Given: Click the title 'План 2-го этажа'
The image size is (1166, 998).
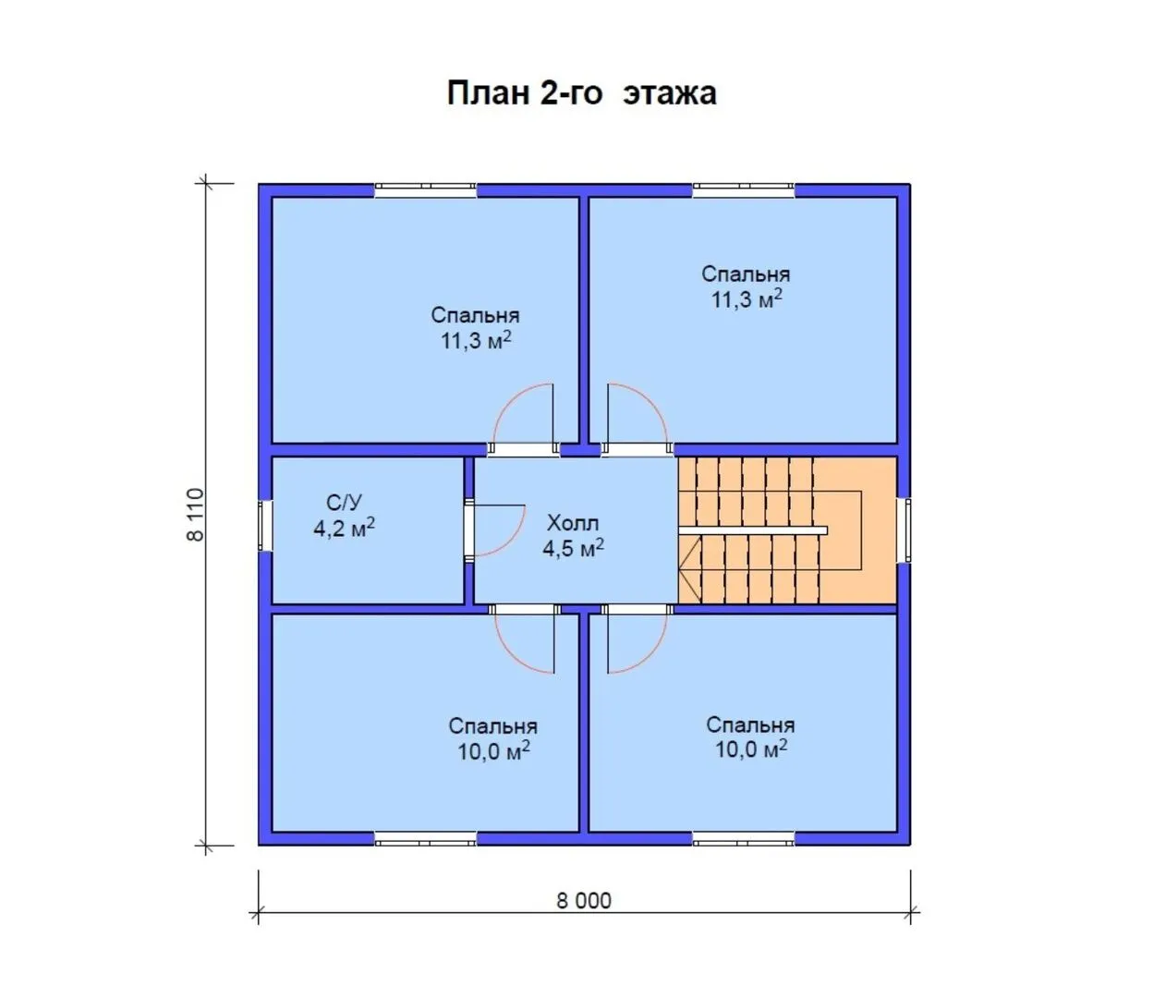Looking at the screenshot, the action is [581, 93].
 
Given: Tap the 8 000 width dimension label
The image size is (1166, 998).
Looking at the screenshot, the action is [584, 901].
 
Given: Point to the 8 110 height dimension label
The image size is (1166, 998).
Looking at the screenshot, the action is [195, 515].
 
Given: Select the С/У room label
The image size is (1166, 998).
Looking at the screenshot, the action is [344, 502].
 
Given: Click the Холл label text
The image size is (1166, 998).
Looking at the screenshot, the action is [573, 524].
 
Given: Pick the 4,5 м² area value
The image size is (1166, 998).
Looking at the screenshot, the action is [573, 548].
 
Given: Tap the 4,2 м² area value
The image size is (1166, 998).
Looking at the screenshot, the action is [344, 528].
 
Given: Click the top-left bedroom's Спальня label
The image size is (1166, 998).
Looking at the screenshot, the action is [475, 315].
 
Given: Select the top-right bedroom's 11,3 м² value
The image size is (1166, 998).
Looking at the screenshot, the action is [746, 299].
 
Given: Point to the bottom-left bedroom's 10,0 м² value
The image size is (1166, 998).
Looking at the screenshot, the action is [493, 751].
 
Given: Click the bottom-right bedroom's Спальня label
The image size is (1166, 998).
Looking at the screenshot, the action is [750, 725].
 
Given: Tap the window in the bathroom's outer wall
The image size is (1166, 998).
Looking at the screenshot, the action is [265, 525].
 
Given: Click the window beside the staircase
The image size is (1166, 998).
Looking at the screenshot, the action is [905, 530].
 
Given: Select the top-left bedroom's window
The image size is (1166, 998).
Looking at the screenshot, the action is [426, 190].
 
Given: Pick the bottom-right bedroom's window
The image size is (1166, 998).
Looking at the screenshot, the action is [744, 839].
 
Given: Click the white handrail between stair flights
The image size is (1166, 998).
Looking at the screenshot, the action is [753, 530].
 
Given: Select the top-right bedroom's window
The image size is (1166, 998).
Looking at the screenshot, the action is [744, 190].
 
